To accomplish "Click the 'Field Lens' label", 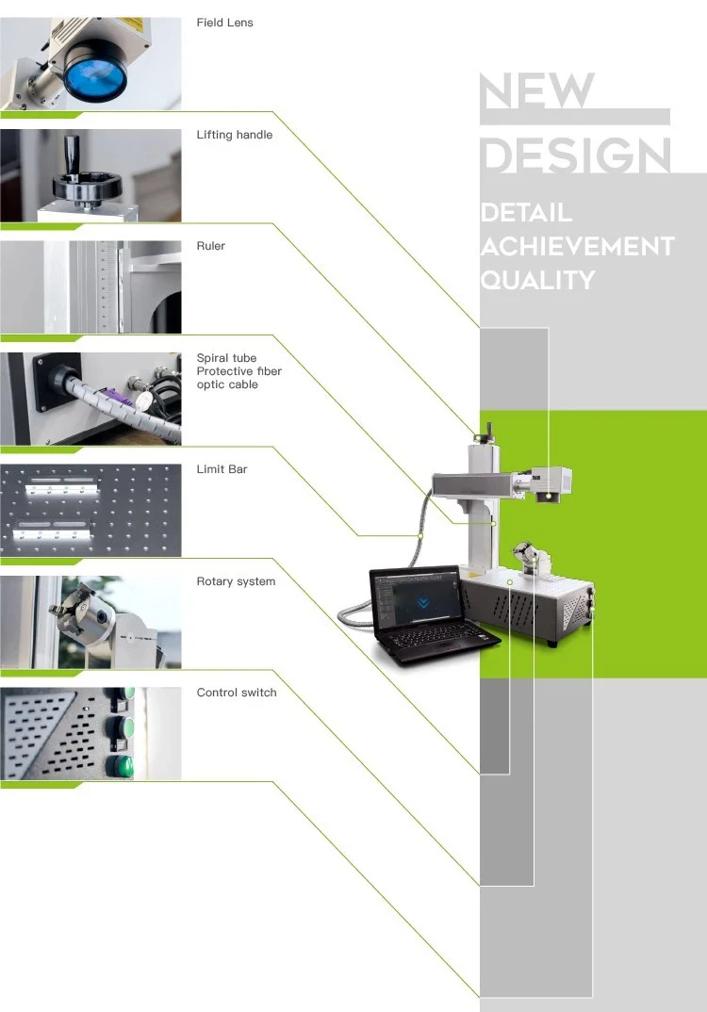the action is coord(224,23).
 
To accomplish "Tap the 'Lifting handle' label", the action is coord(234,135).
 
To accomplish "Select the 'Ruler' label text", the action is coord(211,246).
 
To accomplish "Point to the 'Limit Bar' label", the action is coord(222,469).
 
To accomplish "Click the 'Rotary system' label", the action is coord(236,581).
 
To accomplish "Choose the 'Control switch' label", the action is coord(237,693).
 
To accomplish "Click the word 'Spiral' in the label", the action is coord(213,358).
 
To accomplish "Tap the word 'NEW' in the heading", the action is coord(537,91).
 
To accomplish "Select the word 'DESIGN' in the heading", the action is coord(576,155).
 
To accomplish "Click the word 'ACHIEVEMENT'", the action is coord(577,247).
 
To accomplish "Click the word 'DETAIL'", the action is coord(526,213).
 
